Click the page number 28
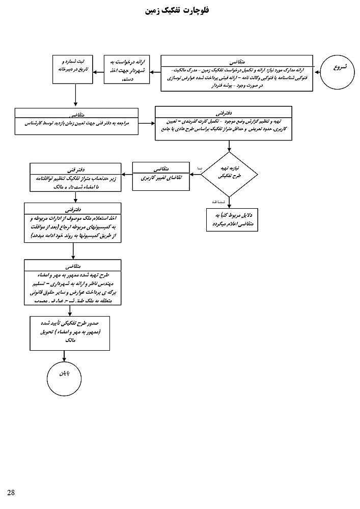point(11,491)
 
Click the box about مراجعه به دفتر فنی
point(77,122)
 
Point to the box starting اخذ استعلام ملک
point(72,222)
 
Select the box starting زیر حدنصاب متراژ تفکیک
point(76,177)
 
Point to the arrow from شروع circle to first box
point(317,72)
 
